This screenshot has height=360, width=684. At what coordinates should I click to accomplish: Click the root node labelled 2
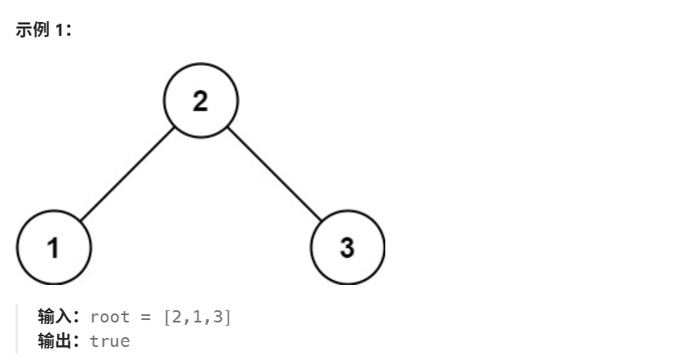[200, 101]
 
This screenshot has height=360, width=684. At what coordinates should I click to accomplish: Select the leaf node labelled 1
[53, 247]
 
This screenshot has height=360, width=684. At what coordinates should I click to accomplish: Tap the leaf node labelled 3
[347, 247]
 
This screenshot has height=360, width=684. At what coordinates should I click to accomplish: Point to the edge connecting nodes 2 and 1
[127, 174]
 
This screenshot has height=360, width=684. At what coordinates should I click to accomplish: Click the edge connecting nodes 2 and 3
[273, 174]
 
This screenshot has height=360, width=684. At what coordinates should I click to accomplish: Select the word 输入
[56, 317]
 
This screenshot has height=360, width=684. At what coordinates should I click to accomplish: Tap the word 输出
[56, 340]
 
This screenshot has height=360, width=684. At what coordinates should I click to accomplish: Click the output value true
[109, 340]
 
